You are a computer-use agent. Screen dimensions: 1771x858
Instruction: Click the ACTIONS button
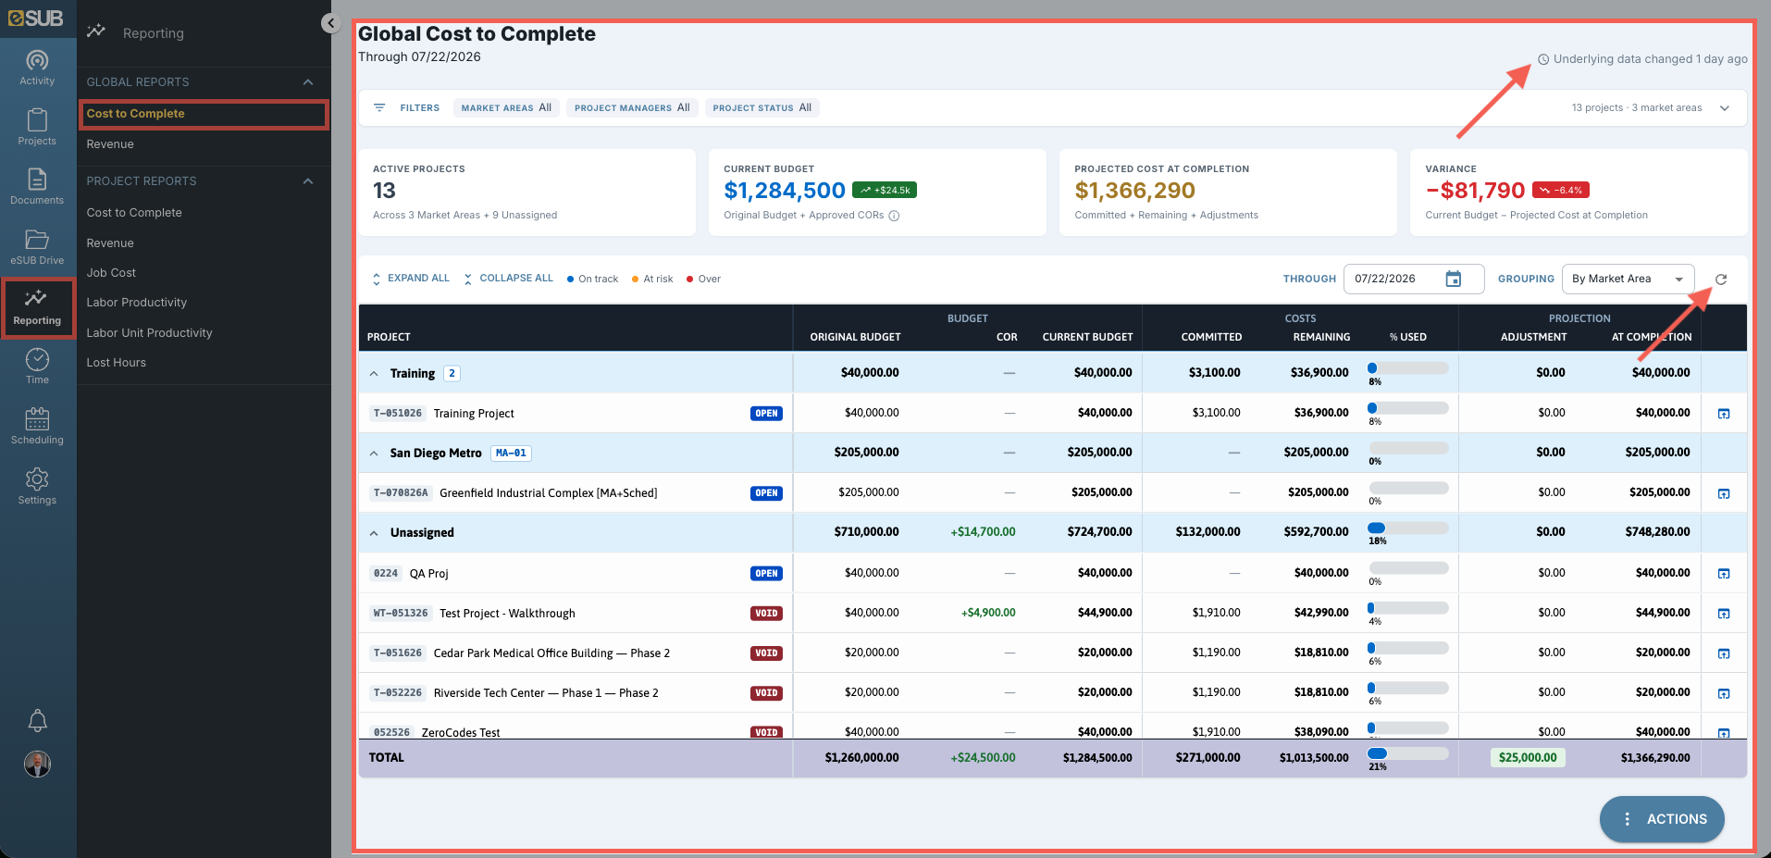(x=1662, y=819)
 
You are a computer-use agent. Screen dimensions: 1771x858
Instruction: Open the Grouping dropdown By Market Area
(x=1628, y=279)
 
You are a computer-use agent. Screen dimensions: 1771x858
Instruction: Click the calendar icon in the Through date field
(x=1454, y=279)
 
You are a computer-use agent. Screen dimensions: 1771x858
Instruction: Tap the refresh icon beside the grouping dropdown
(x=1721, y=279)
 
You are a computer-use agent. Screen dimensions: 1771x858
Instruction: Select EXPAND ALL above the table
(x=411, y=279)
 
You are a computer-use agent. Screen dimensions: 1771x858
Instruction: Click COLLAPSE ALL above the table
(x=509, y=279)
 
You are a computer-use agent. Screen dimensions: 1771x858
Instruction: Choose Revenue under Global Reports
(x=110, y=144)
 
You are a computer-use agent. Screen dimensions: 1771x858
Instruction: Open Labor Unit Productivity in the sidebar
(x=149, y=333)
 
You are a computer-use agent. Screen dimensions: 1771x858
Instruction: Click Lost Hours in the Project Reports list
(x=116, y=363)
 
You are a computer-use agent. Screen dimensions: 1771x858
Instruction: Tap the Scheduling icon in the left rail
(x=37, y=418)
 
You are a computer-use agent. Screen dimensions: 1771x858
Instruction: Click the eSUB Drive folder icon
(x=37, y=239)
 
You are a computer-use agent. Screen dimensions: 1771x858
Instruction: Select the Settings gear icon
(x=37, y=479)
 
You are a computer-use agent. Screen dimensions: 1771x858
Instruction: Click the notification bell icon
(x=37, y=720)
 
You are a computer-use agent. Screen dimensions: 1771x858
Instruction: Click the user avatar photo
(x=37, y=764)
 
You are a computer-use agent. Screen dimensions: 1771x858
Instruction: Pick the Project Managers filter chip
(x=632, y=107)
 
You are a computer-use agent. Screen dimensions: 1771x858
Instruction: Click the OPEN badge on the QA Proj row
(x=766, y=574)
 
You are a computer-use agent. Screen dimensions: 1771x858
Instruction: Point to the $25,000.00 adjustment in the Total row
(x=1528, y=757)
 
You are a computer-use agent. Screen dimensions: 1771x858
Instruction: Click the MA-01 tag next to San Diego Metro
(x=511, y=454)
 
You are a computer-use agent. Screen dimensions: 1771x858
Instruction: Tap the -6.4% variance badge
(x=1561, y=190)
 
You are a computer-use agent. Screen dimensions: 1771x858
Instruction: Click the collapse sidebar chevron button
(x=331, y=23)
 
